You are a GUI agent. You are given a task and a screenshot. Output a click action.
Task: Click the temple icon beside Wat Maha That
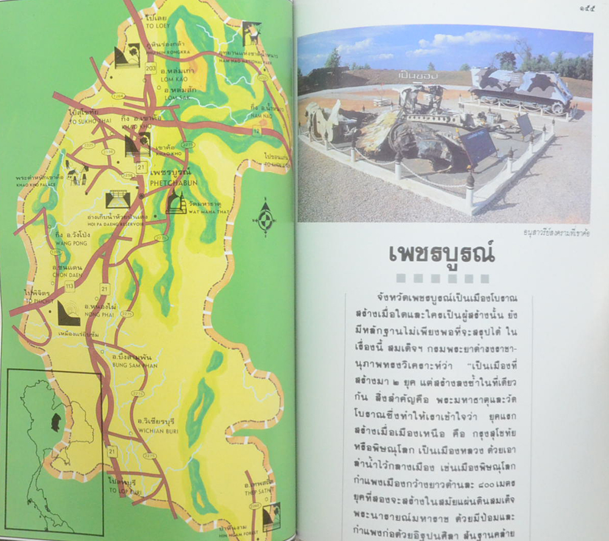pos(176,202)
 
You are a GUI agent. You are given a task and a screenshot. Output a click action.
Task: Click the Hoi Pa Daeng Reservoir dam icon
pos(118,199)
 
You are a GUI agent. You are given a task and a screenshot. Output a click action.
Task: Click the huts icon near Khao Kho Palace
pos(77,176)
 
